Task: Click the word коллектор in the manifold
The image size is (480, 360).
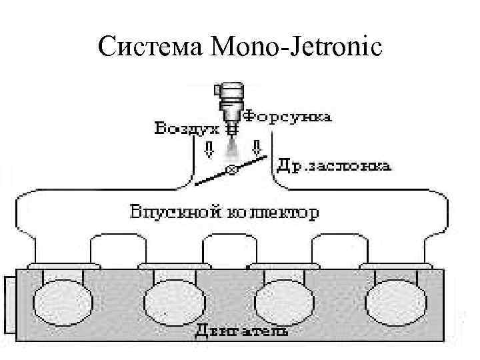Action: (x=273, y=213)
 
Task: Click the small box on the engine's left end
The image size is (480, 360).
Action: (x=9, y=304)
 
